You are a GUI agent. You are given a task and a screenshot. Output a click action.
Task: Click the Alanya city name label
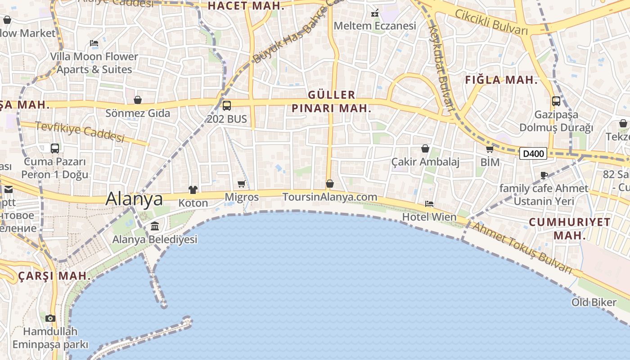(x=134, y=199)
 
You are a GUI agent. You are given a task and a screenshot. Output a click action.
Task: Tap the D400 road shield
(x=533, y=154)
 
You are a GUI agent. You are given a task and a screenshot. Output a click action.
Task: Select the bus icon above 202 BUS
(x=227, y=106)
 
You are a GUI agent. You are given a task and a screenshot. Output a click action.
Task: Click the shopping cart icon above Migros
(x=242, y=184)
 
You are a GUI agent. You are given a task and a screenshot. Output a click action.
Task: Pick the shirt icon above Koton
(x=193, y=190)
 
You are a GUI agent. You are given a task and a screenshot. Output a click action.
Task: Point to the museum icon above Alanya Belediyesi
(x=155, y=226)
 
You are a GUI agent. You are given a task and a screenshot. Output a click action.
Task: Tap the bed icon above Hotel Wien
(x=429, y=204)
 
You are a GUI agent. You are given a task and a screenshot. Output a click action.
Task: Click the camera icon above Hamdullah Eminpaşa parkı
(x=50, y=318)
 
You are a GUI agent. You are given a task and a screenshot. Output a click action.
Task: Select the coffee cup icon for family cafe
(x=544, y=175)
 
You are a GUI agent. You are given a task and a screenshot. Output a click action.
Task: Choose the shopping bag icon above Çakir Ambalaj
(x=425, y=148)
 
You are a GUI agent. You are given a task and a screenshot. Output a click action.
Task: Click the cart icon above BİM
(x=490, y=149)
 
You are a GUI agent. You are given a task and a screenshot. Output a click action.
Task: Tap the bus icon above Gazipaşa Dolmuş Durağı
(x=556, y=101)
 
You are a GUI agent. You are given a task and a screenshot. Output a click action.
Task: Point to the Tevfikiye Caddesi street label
(x=79, y=132)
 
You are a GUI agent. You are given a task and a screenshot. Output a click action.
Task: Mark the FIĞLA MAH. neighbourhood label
(x=501, y=80)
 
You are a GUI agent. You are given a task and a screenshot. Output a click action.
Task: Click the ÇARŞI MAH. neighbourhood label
(x=54, y=276)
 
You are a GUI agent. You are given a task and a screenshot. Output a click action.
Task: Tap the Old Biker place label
(x=594, y=302)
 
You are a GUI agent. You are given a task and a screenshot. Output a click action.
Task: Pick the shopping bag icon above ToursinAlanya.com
(x=330, y=184)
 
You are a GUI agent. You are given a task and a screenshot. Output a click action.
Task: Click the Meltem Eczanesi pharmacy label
(x=375, y=26)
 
